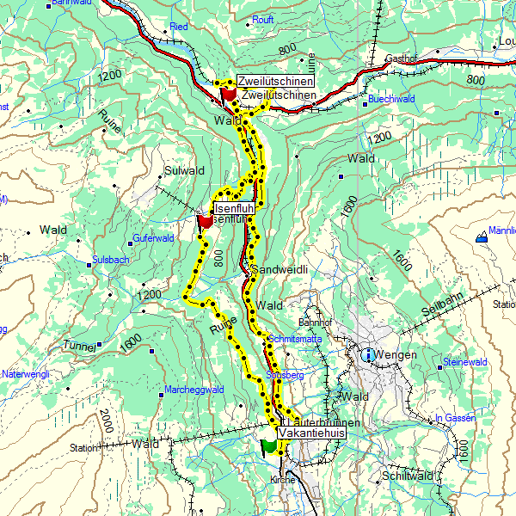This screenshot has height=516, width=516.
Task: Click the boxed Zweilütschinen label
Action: point(276,82)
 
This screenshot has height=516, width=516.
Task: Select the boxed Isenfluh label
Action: point(235,209)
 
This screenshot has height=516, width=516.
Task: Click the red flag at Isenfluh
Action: point(205,222)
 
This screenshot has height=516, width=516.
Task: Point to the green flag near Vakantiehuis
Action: point(269,445)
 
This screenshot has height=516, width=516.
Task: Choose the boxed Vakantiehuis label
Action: point(312,435)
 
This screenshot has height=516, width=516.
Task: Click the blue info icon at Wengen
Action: point(368,354)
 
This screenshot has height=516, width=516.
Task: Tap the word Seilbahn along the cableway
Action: point(442,310)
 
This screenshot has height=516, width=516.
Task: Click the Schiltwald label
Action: point(407,476)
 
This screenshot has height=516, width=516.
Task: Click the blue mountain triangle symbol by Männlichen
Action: point(480,237)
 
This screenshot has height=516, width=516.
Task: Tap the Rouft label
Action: point(263,17)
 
